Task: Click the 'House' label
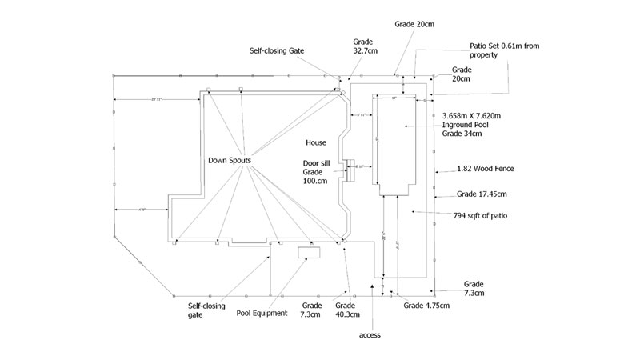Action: tap(315, 142)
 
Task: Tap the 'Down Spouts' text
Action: tap(230, 160)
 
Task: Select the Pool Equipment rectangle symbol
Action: tap(309, 253)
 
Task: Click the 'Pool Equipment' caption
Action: tap(262, 313)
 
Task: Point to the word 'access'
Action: tap(370, 334)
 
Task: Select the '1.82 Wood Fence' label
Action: tap(485, 169)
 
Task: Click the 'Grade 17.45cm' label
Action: tap(482, 194)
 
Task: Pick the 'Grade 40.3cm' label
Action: tap(345, 311)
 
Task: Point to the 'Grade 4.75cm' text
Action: tap(427, 306)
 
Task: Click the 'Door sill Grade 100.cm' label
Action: tap(316, 172)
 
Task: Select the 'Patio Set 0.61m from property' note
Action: tap(495, 50)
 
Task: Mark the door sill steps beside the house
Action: tap(350, 169)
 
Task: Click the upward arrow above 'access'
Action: tap(371, 285)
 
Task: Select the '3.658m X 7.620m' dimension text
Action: tap(477, 115)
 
